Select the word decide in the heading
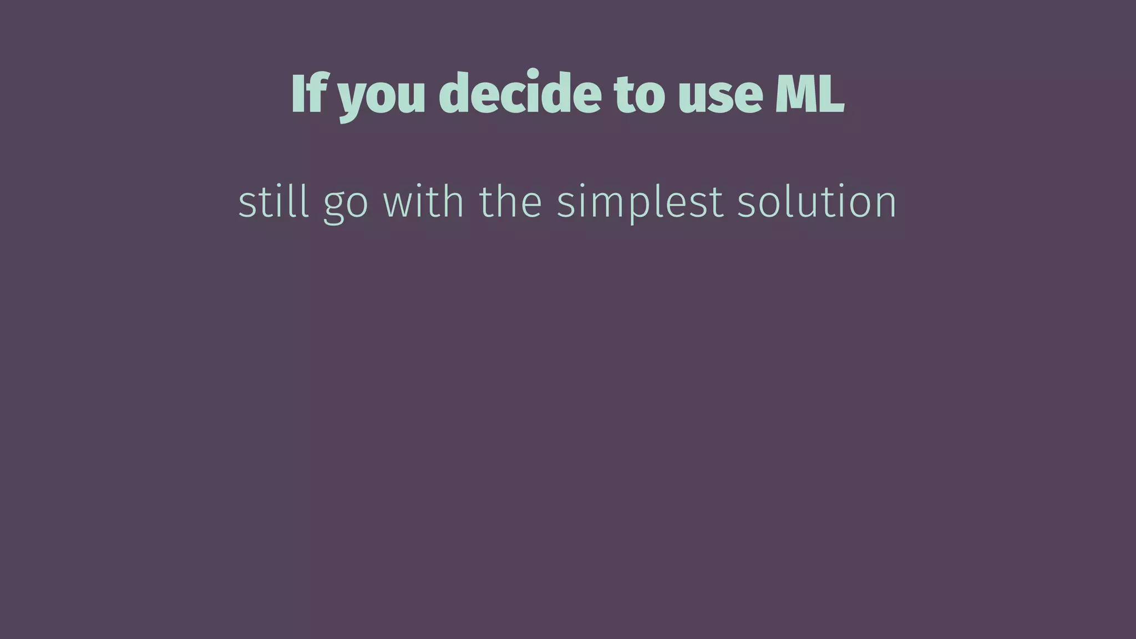(x=520, y=93)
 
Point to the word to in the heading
(x=639, y=94)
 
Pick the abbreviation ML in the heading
(x=809, y=93)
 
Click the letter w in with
(x=398, y=203)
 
